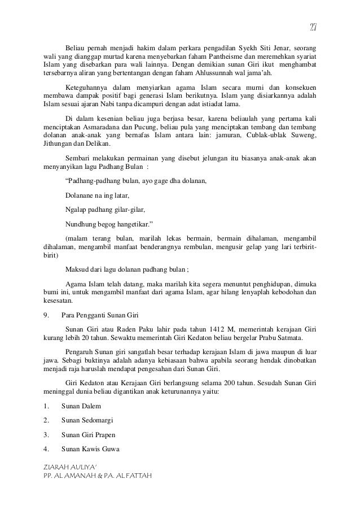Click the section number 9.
(x=46, y=314)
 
